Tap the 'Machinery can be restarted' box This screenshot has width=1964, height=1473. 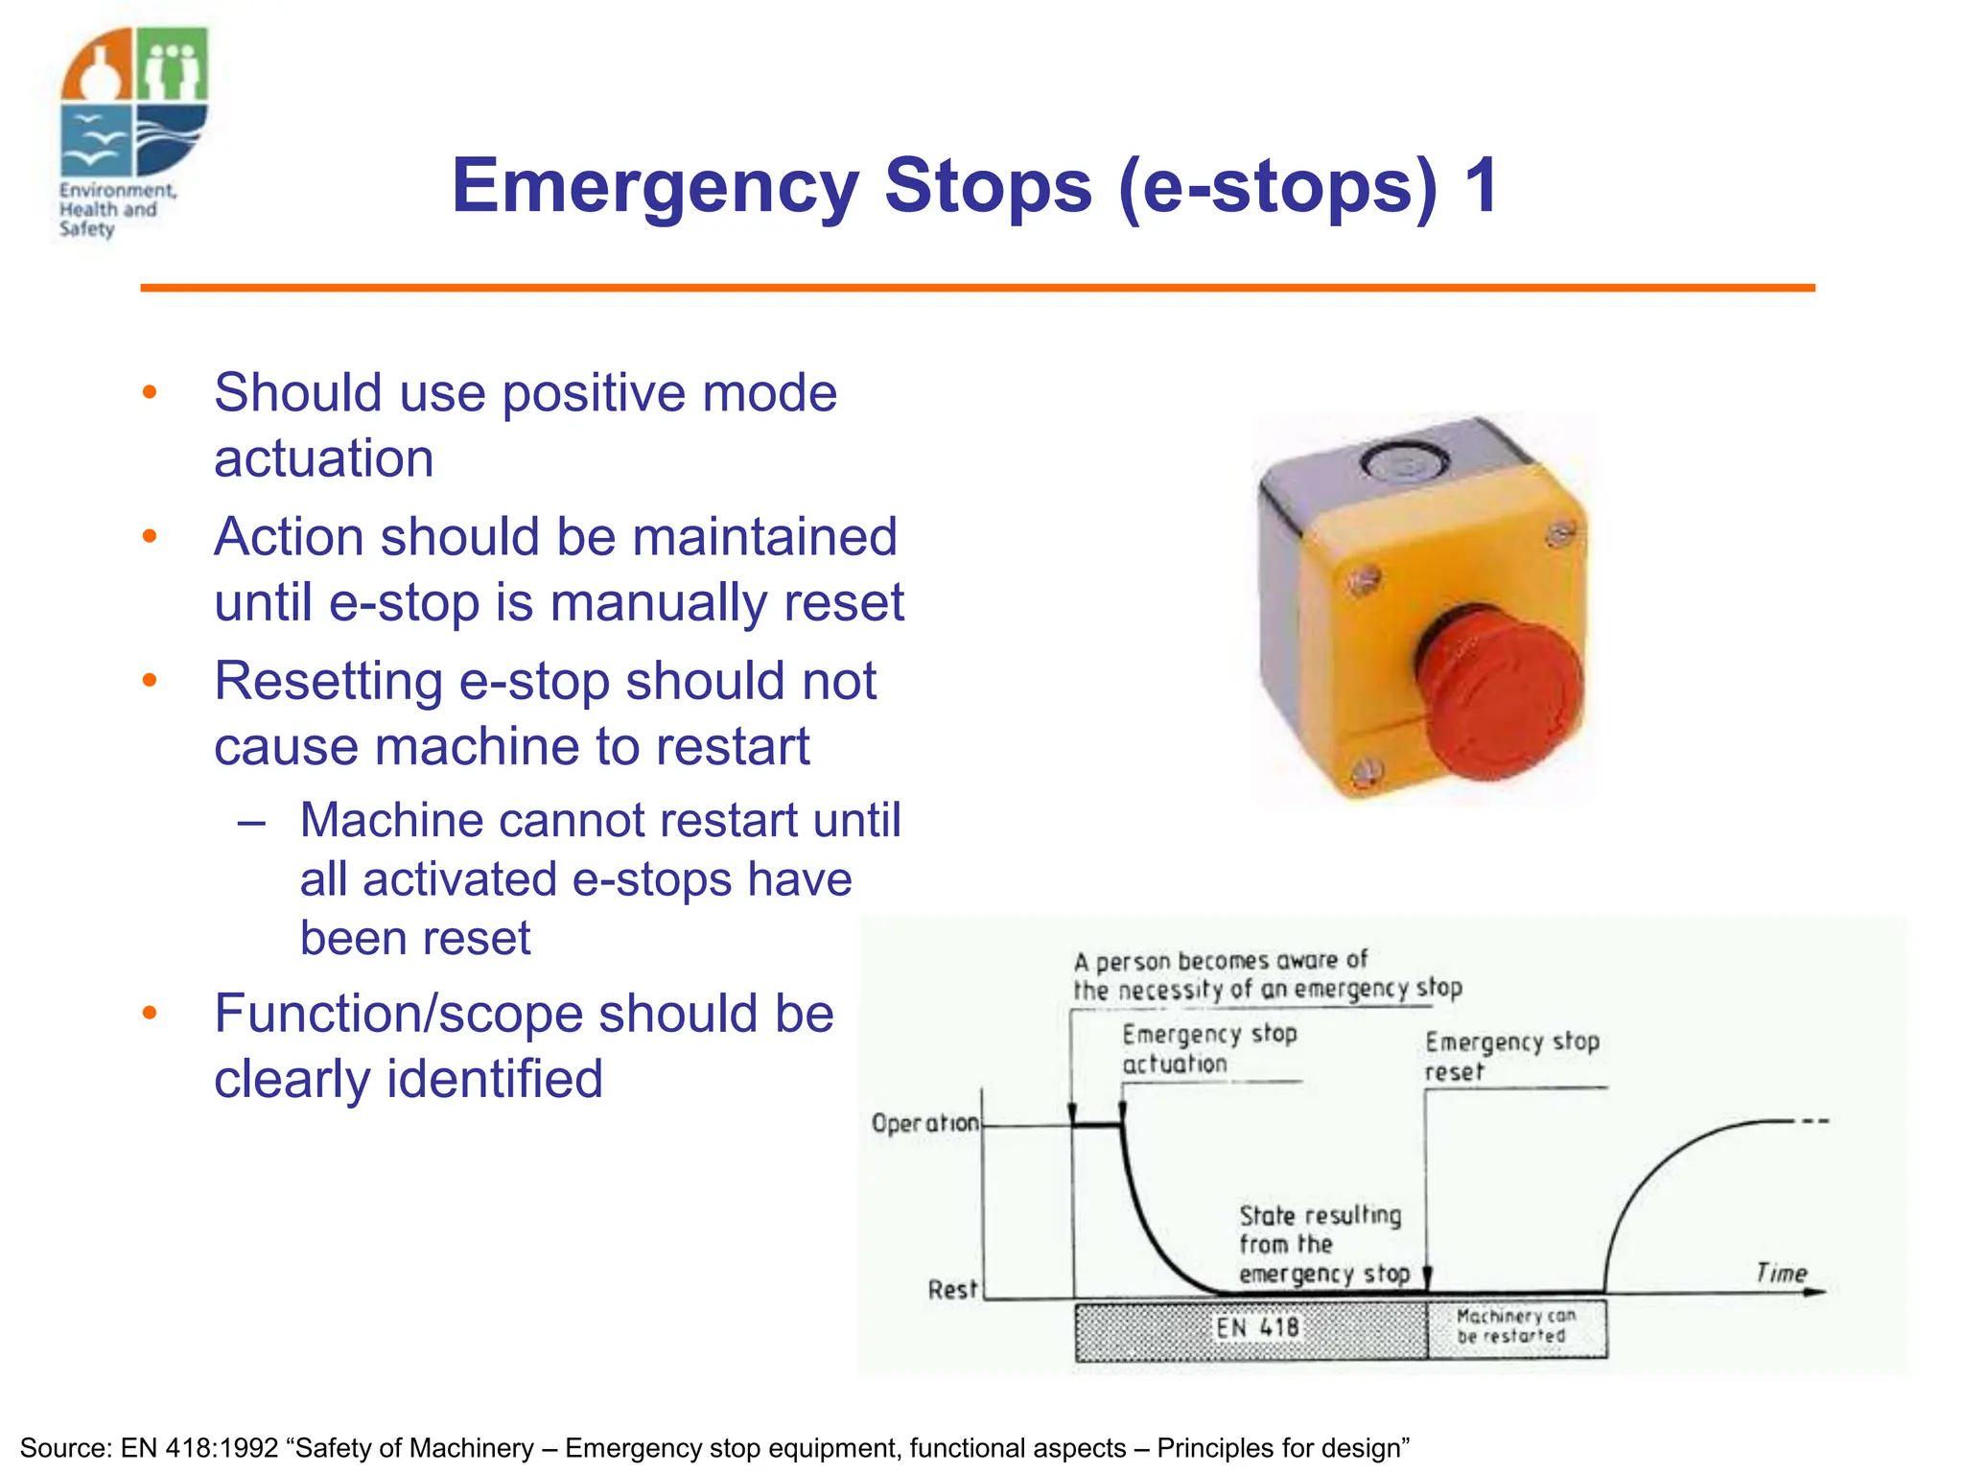coord(1515,1326)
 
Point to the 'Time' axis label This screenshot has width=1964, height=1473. coord(1781,1273)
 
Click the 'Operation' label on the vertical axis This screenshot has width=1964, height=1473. coord(924,1123)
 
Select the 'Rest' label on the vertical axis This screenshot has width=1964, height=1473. coord(951,1290)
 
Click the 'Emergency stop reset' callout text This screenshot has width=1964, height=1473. coord(1510,1056)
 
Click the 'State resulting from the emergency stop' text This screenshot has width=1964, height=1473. coord(1321,1244)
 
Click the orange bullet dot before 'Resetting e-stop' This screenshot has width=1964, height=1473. coord(150,680)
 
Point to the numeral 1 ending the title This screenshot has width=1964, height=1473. coord(1481,186)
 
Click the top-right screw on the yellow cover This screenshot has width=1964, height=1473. coord(1560,534)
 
